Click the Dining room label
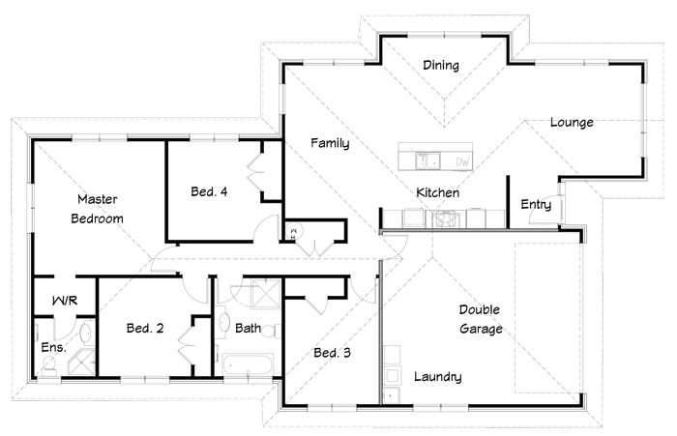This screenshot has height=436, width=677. tap(441, 65)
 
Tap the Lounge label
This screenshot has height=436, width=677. tap(572, 122)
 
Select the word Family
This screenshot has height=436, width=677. tap(331, 143)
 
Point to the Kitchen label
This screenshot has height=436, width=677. tap(437, 192)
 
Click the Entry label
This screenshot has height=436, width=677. tap(536, 205)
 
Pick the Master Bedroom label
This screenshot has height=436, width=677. tap(97, 209)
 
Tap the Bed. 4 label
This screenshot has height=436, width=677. tap(209, 191)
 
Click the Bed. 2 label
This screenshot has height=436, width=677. tap(145, 328)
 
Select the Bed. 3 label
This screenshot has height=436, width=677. tap(332, 353)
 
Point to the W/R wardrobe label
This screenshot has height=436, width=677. tap(65, 301)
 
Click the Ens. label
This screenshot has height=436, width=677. tap(53, 347)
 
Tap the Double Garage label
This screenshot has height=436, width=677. tap(480, 319)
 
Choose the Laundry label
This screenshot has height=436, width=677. tap(438, 377)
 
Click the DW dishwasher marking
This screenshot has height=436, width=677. tap(462, 161)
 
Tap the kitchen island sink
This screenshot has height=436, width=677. tap(427, 160)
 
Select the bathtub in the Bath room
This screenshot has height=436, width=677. tap(248, 364)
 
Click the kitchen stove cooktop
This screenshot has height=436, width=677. tap(444, 218)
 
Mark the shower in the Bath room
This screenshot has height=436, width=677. tap(266, 294)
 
